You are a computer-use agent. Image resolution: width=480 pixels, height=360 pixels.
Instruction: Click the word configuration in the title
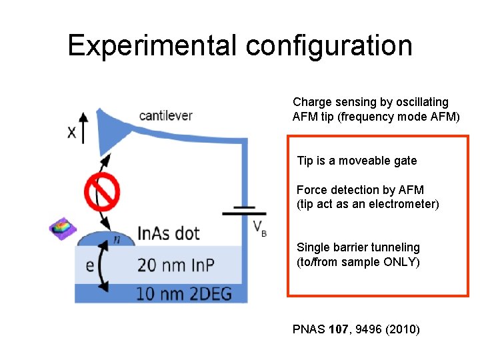(x=329, y=45)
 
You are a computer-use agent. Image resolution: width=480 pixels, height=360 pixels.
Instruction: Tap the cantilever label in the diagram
(x=165, y=116)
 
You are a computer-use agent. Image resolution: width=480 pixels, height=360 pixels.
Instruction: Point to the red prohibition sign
(x=101, y=192)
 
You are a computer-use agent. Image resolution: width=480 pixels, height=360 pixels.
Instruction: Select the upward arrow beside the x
(x=83, y=127)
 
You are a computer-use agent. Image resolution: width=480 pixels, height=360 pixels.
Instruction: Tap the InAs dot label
(x=168, y=233)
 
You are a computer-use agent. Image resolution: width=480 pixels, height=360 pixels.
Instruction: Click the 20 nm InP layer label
(x=175, y=265)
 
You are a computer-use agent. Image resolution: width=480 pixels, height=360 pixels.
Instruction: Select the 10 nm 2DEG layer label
(x=183, y=293)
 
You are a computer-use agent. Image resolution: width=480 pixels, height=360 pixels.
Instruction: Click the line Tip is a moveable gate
(x=357, y=161)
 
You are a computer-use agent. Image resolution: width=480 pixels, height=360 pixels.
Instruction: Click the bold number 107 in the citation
(x=338, y=329)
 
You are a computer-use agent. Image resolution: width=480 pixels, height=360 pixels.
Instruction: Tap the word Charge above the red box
(x=311, y=102)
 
